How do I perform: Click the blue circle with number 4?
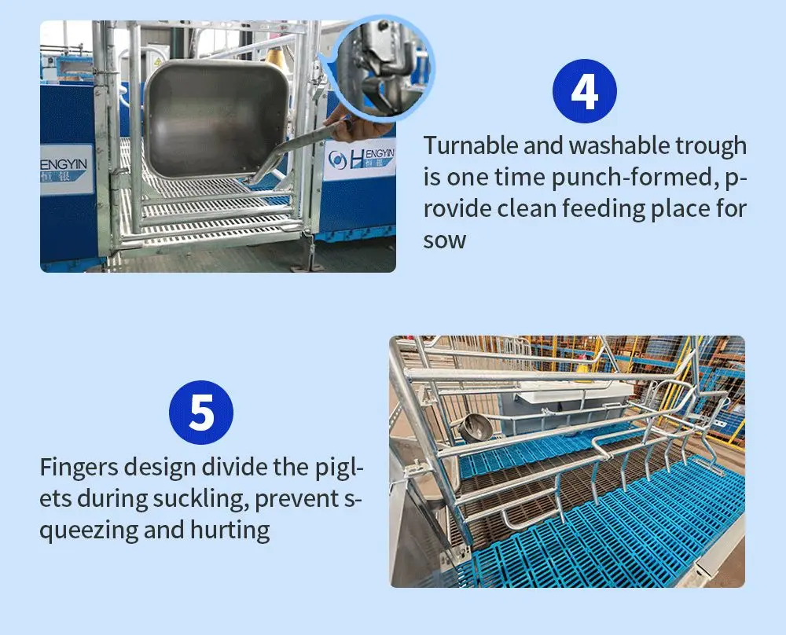(585, 90)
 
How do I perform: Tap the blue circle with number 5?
(201, 412)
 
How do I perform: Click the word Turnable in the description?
(471, 145)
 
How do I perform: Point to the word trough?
(711, 147)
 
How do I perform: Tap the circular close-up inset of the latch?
(384, 68)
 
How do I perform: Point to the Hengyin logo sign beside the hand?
(359, 159)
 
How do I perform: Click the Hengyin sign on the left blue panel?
(66, 170)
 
